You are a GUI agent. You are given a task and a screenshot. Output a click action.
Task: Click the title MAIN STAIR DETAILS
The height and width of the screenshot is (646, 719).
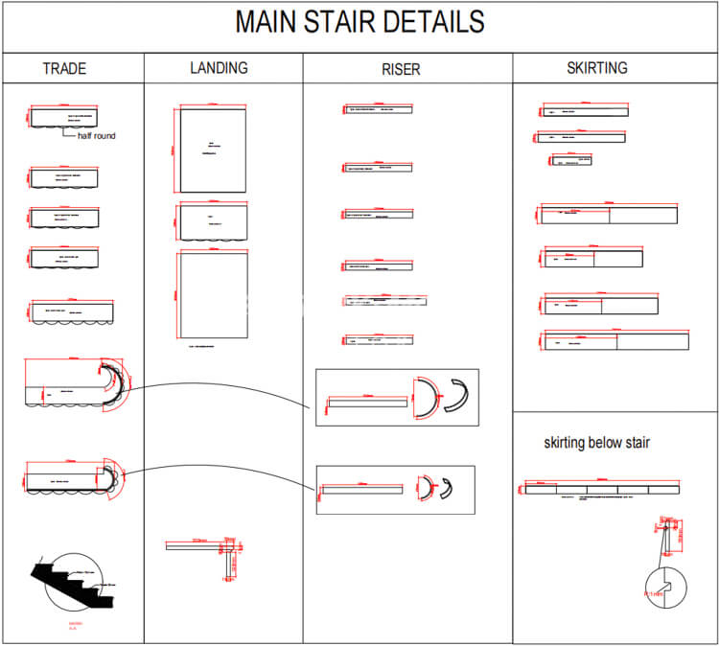pyautogui.click(x=359, y=23)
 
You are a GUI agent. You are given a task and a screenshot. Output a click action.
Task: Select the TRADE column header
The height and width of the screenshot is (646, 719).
pyautogui.click(x=64, y=69)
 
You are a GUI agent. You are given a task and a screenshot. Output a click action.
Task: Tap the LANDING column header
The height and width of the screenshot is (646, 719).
pyautogui.click(x=219, y=68)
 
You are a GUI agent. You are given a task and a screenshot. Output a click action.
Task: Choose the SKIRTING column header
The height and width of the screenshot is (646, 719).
pyautogui.click(x=596, y=68)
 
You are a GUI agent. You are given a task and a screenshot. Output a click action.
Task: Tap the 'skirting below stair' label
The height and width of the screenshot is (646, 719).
pyautogui.click(x=597, y=443)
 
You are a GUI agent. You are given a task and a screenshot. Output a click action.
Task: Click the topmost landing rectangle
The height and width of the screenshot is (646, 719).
pyautogui.click(x=212, y=149)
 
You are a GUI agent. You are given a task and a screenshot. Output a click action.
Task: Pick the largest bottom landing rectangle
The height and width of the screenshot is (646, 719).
pyautogui.click(x=212, y=295)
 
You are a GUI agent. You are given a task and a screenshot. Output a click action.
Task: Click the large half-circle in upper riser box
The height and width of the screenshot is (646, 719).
pyautogui.click(x=425, y=395)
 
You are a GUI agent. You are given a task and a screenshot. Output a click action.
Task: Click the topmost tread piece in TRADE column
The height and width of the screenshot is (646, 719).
pyautogui.click(x=64, y=117)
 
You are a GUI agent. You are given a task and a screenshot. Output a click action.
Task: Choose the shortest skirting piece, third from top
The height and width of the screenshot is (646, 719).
pyautogui.click(x=571, y=160)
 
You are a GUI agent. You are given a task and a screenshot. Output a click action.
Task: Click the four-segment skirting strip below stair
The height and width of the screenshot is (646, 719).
pyautogui.click(x=601, y=489)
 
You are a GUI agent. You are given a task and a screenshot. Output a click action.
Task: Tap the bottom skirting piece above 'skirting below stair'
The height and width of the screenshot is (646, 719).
pyautogui.click(x=616, y=340)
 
